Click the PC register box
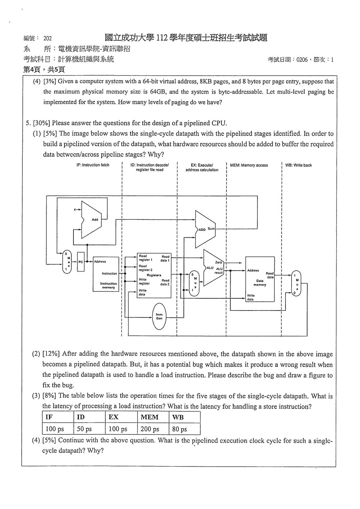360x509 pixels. (x=81, y=262)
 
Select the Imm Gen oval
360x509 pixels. (x=159, y=316)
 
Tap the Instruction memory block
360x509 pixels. (x=106, y=274)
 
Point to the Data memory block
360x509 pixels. (x=260, y=279)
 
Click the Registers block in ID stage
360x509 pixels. (x=154, y=275)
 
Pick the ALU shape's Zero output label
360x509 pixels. (x=218, y=262)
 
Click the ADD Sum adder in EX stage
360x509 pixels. (x=205, y=229)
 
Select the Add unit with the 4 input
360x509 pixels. (x=91, y=219)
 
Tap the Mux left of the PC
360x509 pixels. (x=67, y=262)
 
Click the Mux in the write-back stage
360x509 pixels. (x=296, y=283)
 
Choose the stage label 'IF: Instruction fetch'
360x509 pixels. (x=93, y=165)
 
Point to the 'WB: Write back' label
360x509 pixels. (x=298, y=165)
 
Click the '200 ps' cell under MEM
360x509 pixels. (x=150, y=429)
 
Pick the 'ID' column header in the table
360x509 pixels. (x=81, y=417)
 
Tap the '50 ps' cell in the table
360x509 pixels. (x=84, y=429)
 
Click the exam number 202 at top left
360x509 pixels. (x=48, y=38)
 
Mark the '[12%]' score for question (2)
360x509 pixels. (x=51, y=354)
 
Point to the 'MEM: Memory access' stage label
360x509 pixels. (x=249, y=165)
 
